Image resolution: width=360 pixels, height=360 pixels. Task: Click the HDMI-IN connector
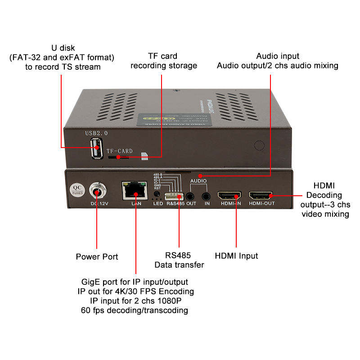click(230, 196)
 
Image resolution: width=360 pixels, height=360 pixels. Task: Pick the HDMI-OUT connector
click(261, 196)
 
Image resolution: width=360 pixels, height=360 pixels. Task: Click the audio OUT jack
click(191, 196)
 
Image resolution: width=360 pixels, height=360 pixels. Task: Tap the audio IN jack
click(207, 196)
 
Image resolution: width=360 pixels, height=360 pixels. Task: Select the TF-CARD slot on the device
click(118, 157)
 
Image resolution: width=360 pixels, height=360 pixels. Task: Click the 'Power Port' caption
click(97, 256)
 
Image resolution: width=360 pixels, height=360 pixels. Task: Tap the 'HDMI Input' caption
click(236, 256)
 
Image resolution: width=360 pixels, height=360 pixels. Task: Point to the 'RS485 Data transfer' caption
click(179, 261)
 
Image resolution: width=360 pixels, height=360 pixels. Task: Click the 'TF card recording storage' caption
click(163, 61)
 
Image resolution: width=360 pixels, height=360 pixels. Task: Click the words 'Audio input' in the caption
click(278, 56)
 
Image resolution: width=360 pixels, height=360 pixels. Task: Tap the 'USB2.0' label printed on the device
click(96, 133)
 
